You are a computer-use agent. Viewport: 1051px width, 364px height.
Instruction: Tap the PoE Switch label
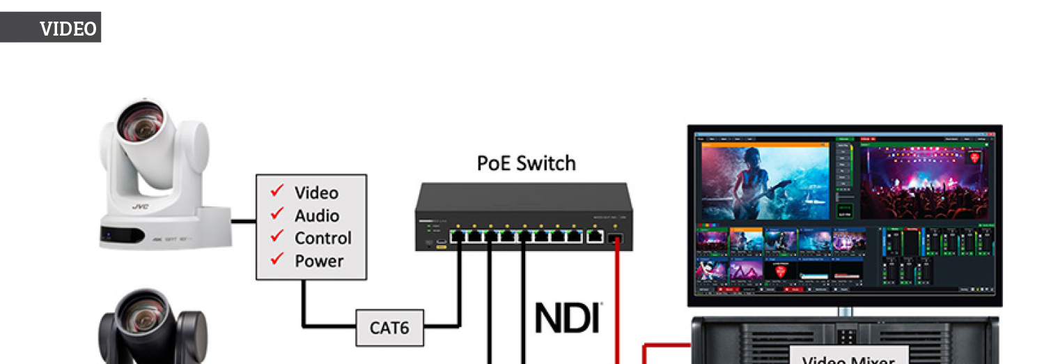(x=526, y=163)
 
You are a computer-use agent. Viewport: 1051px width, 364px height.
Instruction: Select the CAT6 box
(x=389, y=327)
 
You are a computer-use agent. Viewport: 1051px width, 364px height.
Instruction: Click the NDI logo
(x=568, y=317)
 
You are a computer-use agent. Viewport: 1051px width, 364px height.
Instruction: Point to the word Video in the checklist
(x=316, y=192)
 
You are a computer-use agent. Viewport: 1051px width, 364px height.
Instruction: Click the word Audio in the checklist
(x=317, y=215)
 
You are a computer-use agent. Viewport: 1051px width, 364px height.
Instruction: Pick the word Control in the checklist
(x=322, y=238)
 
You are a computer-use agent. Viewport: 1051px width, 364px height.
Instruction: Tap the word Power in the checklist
(x=319, y=261)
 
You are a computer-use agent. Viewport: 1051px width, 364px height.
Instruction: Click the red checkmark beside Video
(x=278, y=190)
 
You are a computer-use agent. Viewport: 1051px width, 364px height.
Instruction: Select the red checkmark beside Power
(x=278, y=259)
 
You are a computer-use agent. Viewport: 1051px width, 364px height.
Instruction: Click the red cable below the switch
(x=616, y=300)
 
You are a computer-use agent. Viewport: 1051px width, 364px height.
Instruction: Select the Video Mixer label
(x=848, y=358)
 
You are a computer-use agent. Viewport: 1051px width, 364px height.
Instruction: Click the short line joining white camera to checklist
(x=243, y=222)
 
